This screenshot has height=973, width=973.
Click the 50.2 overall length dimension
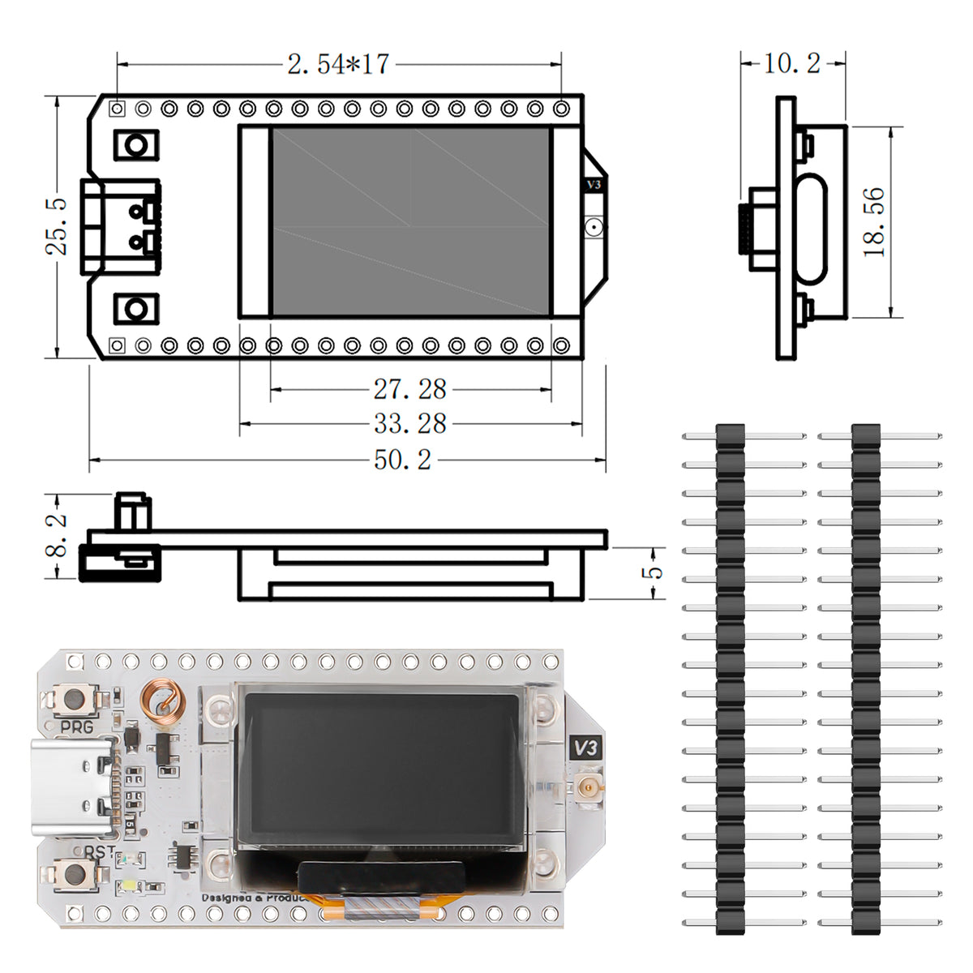coord(402,461)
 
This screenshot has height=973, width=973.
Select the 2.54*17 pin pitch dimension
coord(338,64)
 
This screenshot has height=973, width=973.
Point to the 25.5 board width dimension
coord(57,226)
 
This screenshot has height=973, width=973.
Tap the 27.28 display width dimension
coord(409,389)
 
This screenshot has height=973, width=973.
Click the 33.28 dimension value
coord(409,423)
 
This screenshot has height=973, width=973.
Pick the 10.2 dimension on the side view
coord(791,62)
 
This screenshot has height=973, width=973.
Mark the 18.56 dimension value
coord(874,222)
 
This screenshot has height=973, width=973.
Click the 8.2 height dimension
coord(57,536)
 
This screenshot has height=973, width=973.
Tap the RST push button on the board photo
coord(75,873)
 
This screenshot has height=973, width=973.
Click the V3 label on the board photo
coord(585,746)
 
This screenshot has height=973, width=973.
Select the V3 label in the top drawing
coord(594,185)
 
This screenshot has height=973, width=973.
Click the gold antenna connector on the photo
coord(585,785)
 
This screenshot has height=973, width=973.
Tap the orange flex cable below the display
coord(381,910)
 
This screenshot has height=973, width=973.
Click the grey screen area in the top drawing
coord(409,221)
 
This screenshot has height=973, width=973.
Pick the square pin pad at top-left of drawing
coord(118,108)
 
